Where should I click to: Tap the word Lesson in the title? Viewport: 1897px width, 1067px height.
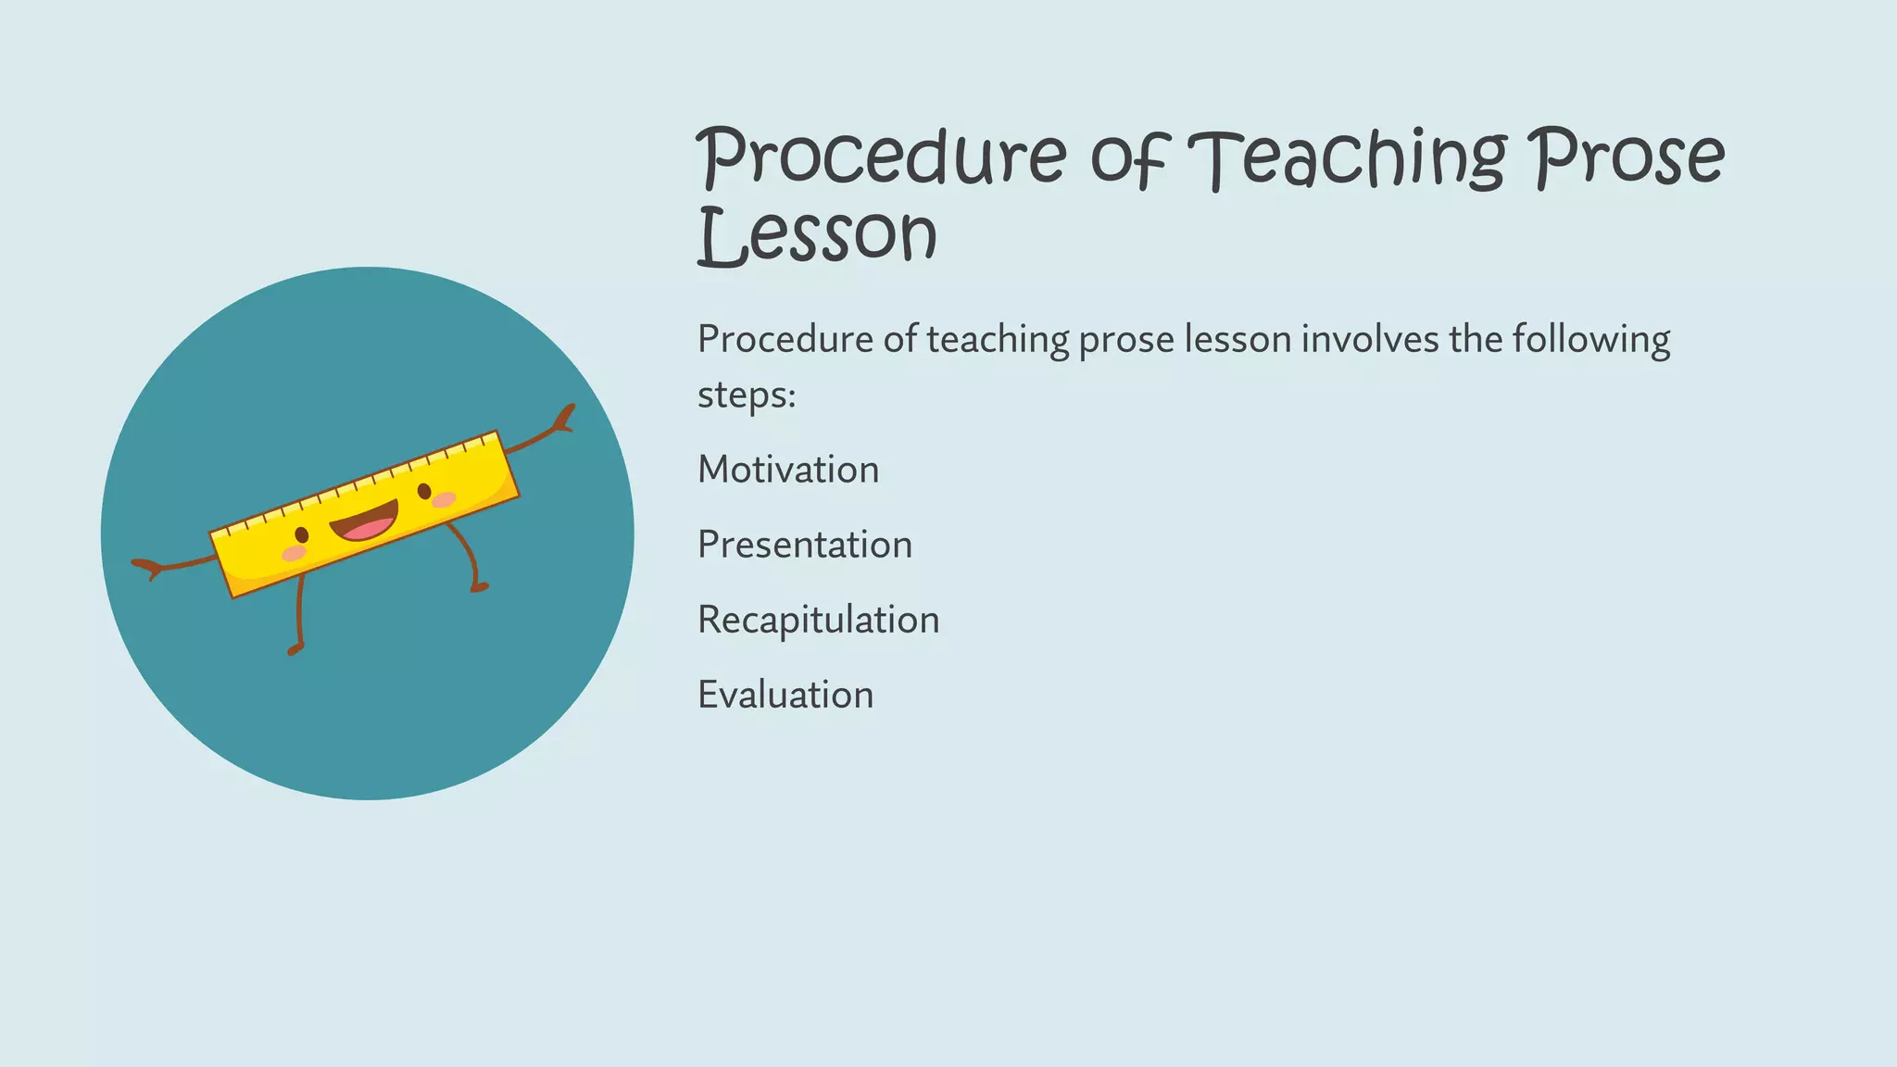point(817,235)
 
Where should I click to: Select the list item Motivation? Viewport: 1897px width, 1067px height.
point(788,470)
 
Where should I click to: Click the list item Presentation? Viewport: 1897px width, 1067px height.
point(805,545)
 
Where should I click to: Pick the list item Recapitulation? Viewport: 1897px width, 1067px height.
point(818,620)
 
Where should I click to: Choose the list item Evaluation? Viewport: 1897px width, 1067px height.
point(785,695)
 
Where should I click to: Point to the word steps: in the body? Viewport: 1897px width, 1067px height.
point(747,395)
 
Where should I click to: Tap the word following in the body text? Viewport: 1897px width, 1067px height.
point(1591,339)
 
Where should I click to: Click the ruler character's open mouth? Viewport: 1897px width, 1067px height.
point(365,523)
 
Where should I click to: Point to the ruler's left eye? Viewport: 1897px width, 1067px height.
point(302,535)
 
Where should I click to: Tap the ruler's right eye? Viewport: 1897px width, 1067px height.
point(424,491)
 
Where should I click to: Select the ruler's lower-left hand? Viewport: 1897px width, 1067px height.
point(146,566)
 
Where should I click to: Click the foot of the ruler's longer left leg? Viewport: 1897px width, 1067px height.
point(295,649)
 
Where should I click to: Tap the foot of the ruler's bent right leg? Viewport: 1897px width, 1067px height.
point(479,586)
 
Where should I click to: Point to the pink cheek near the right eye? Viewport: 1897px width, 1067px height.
point(445,500)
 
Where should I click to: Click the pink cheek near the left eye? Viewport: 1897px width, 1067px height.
point(294,553)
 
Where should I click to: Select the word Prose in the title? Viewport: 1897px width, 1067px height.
point(1627,157)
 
